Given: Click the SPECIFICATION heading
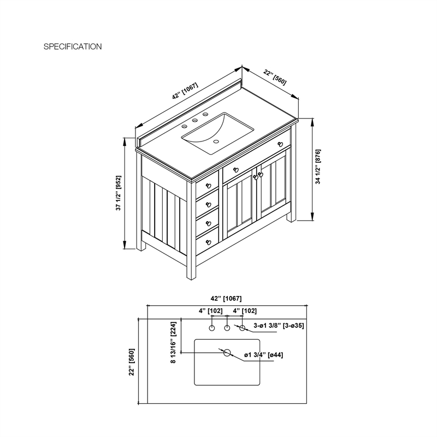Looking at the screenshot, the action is pyautogui.click(x=73, y=46).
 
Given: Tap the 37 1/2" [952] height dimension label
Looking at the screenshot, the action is pyautogui.click(x=119, y=193).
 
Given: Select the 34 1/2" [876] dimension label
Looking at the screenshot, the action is pyautogui.click(x=318, y=167).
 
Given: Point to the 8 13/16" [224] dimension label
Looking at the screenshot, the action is pyautogui.click(x=174, y=342).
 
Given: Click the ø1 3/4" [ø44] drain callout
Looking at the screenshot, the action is pyautogui.click(x=264, y=355).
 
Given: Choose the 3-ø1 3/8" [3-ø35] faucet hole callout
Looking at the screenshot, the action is pyautogui.click(x=279, y=325).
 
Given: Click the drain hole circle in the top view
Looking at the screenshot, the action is pyautogui.click(x=227, y=353).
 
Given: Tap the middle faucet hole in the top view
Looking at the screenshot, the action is pyautogui.click(x=227, y=328).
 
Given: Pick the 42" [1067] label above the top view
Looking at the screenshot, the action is pyautogui.click(x=226, y=298).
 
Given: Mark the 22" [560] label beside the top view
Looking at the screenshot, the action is pyautogui.click(x=132, y=362).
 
